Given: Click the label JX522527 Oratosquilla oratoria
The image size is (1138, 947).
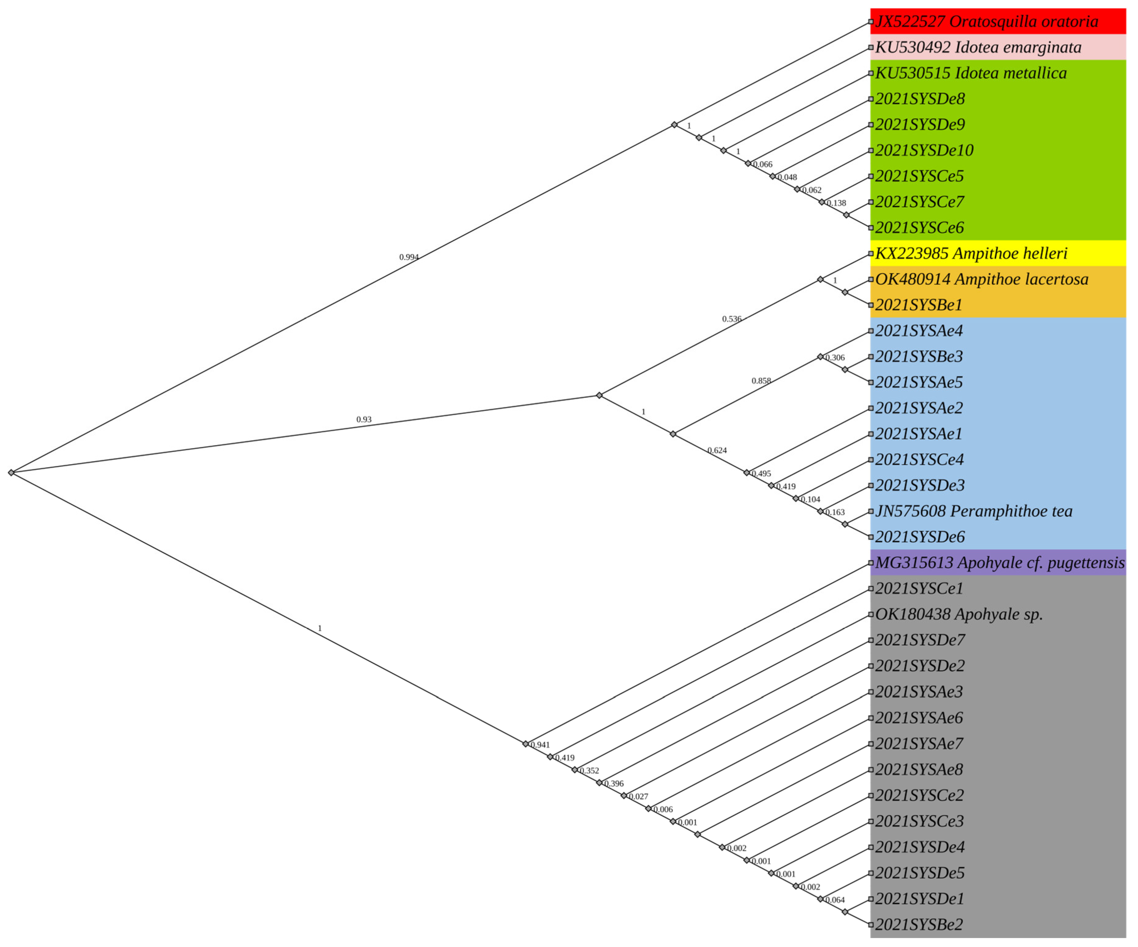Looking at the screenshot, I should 986,22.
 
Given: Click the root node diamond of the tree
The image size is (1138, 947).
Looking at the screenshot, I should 11,473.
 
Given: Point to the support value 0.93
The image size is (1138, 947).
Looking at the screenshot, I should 364,420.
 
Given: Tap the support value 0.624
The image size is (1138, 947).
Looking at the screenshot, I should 717,451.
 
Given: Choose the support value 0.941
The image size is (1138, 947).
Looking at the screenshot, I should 540,745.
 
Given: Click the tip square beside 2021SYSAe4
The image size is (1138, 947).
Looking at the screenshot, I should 870,331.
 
